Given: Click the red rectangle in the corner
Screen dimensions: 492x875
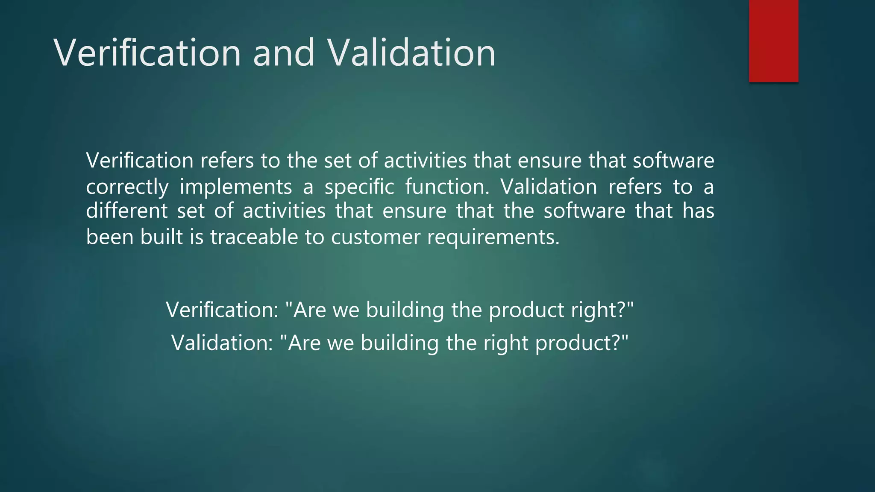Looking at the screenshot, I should pyautogui.click(x=773, y=41).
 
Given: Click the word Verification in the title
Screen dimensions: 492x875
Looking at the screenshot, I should pyautogui.click(x=147, y=53).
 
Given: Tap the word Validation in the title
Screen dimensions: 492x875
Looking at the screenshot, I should pyautogui.click(x=411, y=53).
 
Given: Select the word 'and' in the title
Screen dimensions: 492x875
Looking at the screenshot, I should pyautogui.click(x=284, y=53).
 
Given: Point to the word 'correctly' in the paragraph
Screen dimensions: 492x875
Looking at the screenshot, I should pyautogui.click(x=127, y=187).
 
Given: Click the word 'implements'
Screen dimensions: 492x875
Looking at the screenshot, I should pyautogui.click(x=236, y=187).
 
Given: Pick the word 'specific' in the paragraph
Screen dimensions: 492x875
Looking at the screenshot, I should pyautogui.click(x=359, y=187).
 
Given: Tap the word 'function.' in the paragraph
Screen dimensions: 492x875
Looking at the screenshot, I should pyautogui.click(x=447, y=187).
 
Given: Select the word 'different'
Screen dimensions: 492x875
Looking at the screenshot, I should pyautogui.click(x=127, y=211).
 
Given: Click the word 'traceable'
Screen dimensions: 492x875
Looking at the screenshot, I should pyautogui.click(x=254, y=237).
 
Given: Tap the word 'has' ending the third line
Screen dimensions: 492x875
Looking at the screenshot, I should pyautogui.click(x=698, y=211).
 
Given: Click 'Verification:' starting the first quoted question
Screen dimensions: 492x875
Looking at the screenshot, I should pyautogui.click(x=222, y=310).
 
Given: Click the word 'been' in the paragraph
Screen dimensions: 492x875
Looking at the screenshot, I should pyautogui.click(x=110, y=237).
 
